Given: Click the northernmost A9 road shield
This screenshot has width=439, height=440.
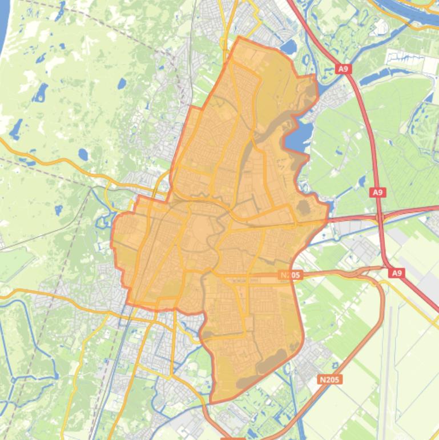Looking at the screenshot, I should [343, 69].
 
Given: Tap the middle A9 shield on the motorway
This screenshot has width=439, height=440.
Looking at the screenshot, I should [377, 193].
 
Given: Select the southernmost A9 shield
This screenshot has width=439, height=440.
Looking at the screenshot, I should [397, 274].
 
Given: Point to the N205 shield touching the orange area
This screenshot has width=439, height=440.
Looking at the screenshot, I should [290, 275].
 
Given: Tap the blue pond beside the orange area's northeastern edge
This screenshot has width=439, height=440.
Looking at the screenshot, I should [289, 46].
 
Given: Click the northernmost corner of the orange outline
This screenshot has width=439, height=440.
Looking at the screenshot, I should [239, 38].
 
